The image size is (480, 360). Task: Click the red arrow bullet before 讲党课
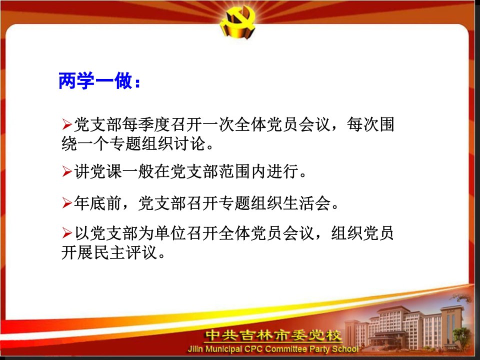coord(66,171)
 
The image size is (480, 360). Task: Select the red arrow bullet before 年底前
coord(66,203)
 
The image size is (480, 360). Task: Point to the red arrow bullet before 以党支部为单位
coord(66,233)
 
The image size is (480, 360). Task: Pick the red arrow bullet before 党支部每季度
coord(66,124)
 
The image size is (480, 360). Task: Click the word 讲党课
coord(97,171)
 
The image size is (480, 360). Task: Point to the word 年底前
coord(97,203)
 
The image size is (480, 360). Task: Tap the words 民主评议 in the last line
coord(125,252)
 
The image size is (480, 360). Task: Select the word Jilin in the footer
coord(195,349)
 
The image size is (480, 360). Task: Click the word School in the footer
coord(345,349)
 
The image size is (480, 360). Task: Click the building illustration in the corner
coord(407,327)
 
